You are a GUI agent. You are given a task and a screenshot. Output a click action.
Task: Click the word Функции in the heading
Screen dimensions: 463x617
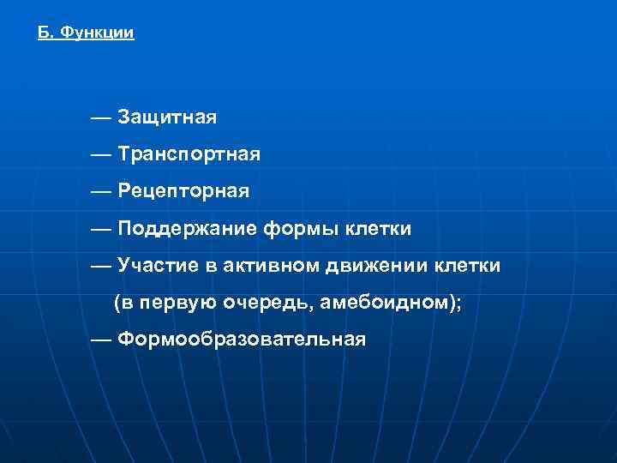pos(99,33)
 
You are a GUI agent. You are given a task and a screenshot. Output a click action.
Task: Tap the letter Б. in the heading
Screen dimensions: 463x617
pos(46,33)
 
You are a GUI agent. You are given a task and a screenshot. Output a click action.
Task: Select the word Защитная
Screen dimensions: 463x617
pos(167,116)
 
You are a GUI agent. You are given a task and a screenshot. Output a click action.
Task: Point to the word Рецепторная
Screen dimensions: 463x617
pos(183,191)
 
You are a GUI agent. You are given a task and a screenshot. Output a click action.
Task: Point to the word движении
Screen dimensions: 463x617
pos(380,266)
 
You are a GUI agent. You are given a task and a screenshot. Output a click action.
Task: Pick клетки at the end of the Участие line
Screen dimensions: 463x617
pos(469,266)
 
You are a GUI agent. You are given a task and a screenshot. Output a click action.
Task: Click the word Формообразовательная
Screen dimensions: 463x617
pos(242,340)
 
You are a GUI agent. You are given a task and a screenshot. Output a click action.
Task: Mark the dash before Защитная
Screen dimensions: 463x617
pos(100,116)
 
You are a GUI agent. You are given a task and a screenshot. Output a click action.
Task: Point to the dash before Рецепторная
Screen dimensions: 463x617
pos(100,191)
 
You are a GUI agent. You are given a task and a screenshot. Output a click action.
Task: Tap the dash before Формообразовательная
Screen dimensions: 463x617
pos(100,340)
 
